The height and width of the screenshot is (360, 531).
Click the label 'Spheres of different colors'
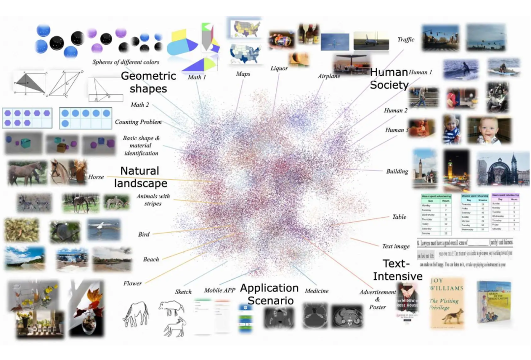[x=126, y=62]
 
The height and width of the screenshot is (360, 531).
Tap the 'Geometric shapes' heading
[x=148, y=82]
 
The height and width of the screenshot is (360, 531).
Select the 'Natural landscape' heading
[x=141, y=177]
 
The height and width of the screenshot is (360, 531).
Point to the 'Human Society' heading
[x=389, y=79]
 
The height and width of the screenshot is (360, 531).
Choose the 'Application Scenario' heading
[x=269, y=294]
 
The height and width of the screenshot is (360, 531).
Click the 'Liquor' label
[x=279, y=68]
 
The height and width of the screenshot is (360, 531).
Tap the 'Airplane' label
[x=329, y=76]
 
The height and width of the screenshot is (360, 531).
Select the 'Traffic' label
[x=406, y=40]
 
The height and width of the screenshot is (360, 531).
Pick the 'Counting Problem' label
[x=138, y=122]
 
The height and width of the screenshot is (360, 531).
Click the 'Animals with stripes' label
[x=153, y=200]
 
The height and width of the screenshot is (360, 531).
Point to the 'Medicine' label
[x=317, y=291]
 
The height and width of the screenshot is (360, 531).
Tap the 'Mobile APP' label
[x=220, y=290]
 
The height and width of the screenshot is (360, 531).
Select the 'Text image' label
[x=396, y=246]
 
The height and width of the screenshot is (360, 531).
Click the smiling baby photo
[x=489, y=130]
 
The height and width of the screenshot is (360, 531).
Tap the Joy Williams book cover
[x=446, y=302]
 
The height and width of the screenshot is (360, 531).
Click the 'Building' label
[x=397, y=171]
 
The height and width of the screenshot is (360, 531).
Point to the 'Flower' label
[x=133, y=283]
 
